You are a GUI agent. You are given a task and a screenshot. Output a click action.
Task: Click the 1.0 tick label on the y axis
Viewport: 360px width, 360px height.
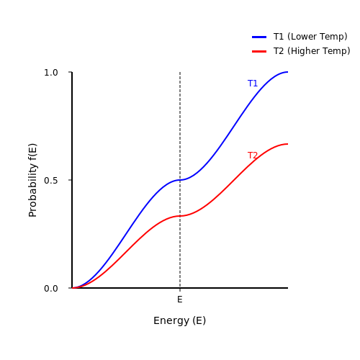coord(51,73)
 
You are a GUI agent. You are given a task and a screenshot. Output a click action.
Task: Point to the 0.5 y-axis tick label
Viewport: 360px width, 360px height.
coord(51,181)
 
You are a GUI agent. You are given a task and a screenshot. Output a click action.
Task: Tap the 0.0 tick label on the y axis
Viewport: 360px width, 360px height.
coord(51,289)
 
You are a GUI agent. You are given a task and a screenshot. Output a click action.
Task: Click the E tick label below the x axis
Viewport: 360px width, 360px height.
coord(180,300)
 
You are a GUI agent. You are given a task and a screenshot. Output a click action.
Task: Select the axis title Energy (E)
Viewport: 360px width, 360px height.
coord(179,320)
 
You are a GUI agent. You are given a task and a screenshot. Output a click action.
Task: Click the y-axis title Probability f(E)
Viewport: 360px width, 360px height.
coord(32,180)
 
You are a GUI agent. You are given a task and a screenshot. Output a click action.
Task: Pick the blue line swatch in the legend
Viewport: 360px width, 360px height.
coord(259,37)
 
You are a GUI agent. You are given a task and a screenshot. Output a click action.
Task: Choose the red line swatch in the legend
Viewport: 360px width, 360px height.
coord(259,51)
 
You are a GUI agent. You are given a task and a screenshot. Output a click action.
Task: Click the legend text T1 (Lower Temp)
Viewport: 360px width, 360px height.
coord(310,37)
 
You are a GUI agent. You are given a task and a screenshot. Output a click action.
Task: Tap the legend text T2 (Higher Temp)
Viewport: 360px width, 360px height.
coord(312,51)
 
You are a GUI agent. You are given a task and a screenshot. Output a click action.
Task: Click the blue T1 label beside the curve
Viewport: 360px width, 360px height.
coord(253,84)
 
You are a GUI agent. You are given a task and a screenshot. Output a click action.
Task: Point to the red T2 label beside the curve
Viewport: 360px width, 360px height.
coord(253,156)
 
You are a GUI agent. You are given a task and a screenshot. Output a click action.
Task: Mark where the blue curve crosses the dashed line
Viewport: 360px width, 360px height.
coord(180,180)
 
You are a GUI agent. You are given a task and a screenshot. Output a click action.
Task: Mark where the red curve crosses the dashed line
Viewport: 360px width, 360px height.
coord(180,216)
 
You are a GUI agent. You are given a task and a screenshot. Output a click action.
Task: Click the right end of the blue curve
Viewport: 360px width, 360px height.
coord(288,72)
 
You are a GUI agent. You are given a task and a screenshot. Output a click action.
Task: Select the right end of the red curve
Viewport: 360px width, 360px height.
coord(288,144)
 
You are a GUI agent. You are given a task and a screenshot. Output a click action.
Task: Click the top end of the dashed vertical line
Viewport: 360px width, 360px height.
coord(180,72)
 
